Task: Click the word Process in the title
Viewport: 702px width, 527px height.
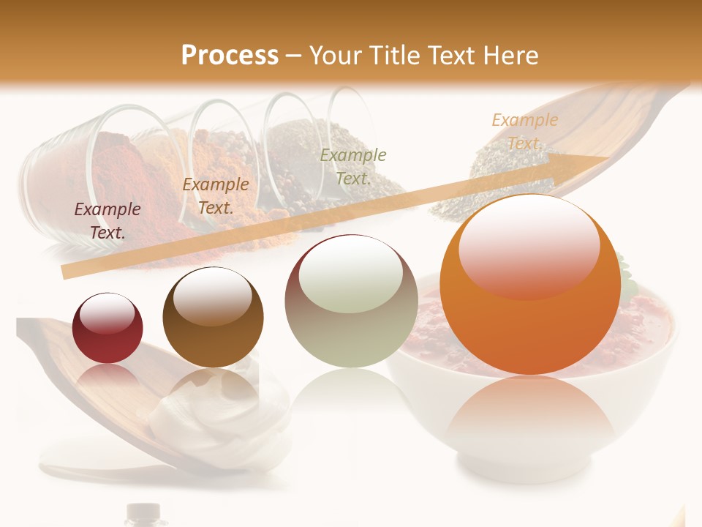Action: tap(230, 56)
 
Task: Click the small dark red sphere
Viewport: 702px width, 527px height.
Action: tap(107, 329)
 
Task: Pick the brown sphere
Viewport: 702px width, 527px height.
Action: tap(212, 318)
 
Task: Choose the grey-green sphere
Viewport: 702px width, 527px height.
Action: tap(350, 302)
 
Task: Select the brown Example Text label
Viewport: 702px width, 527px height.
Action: tap(216, 196)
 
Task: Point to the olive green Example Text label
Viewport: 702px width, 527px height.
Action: tap(353, 166)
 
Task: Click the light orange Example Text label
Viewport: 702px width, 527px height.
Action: tap(524, 131)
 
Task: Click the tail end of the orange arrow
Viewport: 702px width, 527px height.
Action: tap(67, 272)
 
